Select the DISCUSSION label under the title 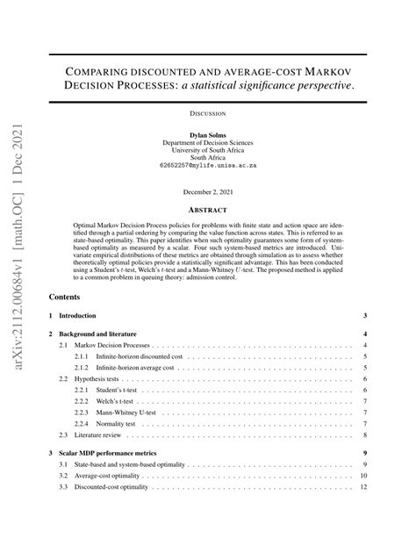[208, 113]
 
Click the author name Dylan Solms [207, 135]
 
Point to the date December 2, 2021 [208, 191]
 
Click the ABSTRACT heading [208, 211]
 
